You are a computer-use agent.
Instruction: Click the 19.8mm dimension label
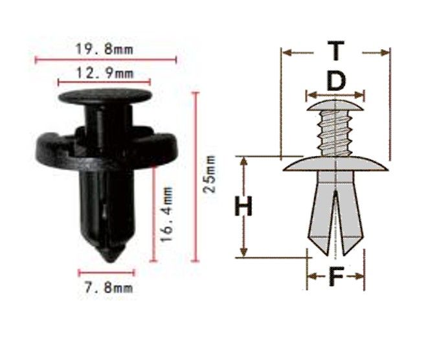[104, 49]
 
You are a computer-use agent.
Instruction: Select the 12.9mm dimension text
[105, 73]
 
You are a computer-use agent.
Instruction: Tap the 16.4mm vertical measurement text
[166, 214]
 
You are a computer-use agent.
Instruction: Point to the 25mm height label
[209, 174]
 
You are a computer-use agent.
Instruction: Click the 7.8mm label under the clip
[109, 287]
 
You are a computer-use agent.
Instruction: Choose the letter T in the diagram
[336, 51]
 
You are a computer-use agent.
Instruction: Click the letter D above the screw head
[336, 81]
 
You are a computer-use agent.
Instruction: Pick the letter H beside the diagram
[243, 206]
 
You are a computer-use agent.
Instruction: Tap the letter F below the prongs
[336, 276]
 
